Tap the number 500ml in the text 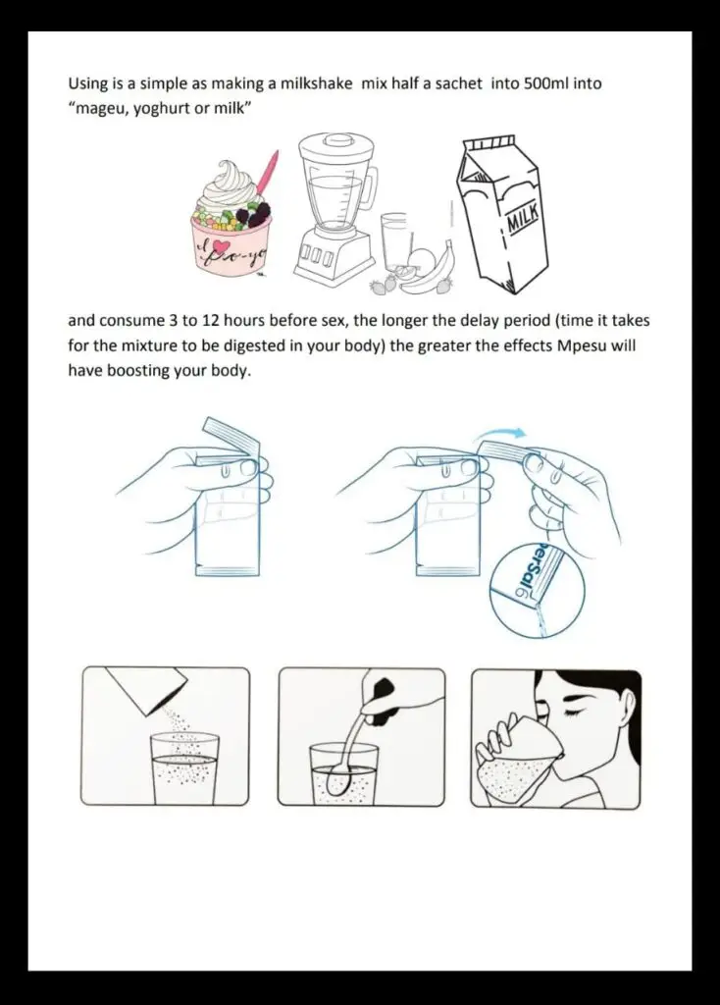545,84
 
